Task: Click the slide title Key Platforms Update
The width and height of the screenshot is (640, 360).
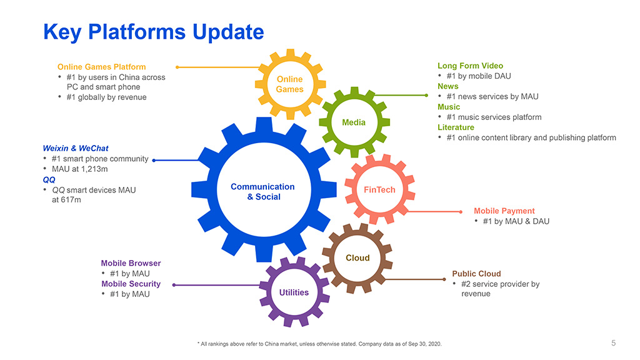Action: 153,31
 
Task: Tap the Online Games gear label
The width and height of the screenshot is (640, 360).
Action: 290,84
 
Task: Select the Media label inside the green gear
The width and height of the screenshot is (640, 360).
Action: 354,122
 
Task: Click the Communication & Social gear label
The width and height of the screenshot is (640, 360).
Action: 262,192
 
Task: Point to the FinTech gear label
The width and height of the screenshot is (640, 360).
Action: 379,190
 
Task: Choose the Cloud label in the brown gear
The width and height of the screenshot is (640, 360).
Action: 357,257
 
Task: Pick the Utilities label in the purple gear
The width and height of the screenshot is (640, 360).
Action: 294,292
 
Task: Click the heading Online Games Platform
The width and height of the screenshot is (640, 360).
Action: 101,67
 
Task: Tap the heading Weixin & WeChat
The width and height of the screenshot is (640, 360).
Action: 76,148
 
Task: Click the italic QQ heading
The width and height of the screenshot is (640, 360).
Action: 49,179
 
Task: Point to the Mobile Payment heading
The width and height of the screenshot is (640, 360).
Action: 504,211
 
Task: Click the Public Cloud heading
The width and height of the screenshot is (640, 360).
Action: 476,274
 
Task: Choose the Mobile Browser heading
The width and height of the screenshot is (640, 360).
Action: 131,263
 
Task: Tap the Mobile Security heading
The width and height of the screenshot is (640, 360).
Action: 131,284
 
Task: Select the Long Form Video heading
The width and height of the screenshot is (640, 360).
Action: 470,66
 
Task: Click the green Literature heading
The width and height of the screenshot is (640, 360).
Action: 456,127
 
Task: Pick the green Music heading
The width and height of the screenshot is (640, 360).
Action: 449,107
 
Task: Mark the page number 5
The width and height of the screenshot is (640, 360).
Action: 613,342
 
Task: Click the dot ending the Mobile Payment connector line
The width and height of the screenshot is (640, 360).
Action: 461,211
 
